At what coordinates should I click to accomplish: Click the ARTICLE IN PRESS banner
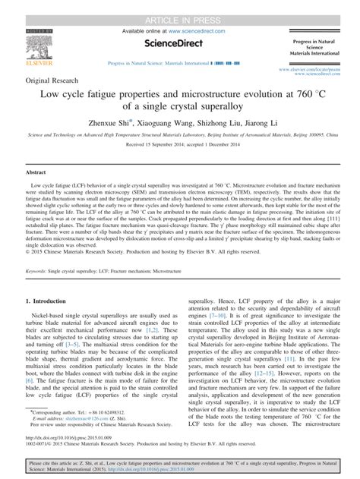coord(180,7)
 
